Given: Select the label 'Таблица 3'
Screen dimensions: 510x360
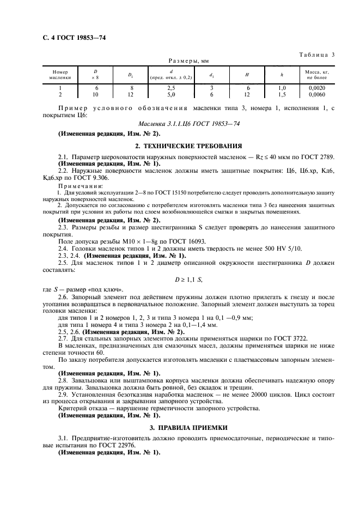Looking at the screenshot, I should [x=316, y=54].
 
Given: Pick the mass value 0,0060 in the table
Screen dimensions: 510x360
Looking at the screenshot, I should [x=316, y=94].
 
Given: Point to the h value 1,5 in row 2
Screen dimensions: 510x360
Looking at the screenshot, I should [x=282, y=94].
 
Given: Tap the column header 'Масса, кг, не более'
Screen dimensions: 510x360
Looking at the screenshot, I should [x=316, y=75].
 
